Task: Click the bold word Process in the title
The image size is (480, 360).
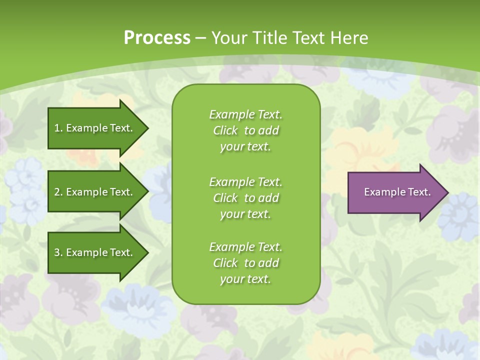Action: [157, 38]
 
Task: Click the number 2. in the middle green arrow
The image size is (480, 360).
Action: [58, 192]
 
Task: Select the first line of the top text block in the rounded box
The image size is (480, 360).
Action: [245, 114]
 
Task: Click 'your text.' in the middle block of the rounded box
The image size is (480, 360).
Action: [245, 214]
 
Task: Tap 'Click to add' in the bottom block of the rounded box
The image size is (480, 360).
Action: [245, 263]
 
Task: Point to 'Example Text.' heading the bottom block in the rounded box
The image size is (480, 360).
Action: [245, 247]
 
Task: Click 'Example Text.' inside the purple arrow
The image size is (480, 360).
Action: [397, 192]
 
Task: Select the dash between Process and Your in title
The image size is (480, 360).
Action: [200, 38]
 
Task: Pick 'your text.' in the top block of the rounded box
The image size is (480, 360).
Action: [245, 147]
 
